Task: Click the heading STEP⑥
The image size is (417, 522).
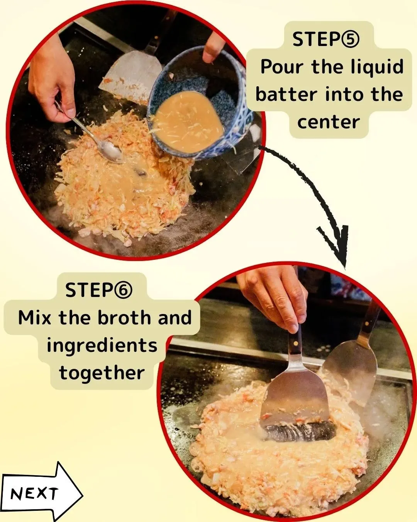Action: [x=98, y=290]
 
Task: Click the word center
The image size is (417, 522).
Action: [x=328, y=122]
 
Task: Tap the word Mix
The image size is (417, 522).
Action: [x=35, y=318]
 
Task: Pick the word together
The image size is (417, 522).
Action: [x=102, y=373]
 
